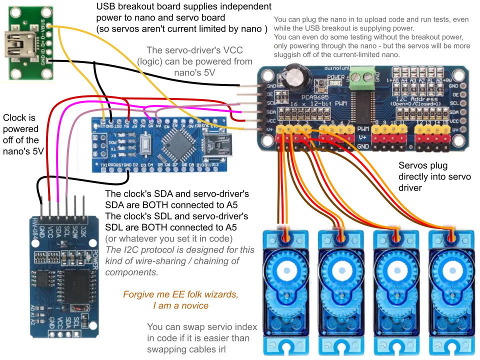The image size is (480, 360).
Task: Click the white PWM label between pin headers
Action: [x=362, y=128]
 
